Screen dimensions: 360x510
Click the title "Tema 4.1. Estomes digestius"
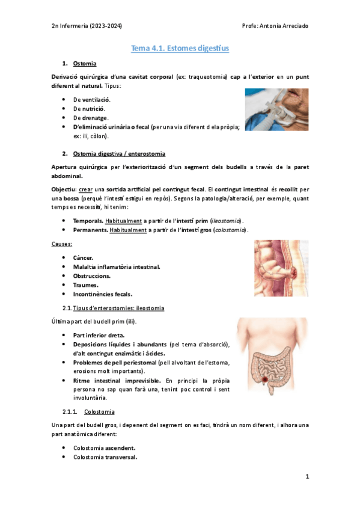[x=180, y=48]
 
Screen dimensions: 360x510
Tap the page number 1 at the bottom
[x=307, y=477]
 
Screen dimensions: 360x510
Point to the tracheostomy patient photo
[x=276, y=110]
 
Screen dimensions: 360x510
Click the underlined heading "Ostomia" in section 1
[x=85, y=63]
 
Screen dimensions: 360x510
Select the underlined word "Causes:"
[x=63, y=244]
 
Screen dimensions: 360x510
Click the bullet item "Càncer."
[x=83, y=257]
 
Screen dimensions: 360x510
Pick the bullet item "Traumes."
[x=85, y=285]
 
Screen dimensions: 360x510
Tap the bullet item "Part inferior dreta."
[x=99, y=334]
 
